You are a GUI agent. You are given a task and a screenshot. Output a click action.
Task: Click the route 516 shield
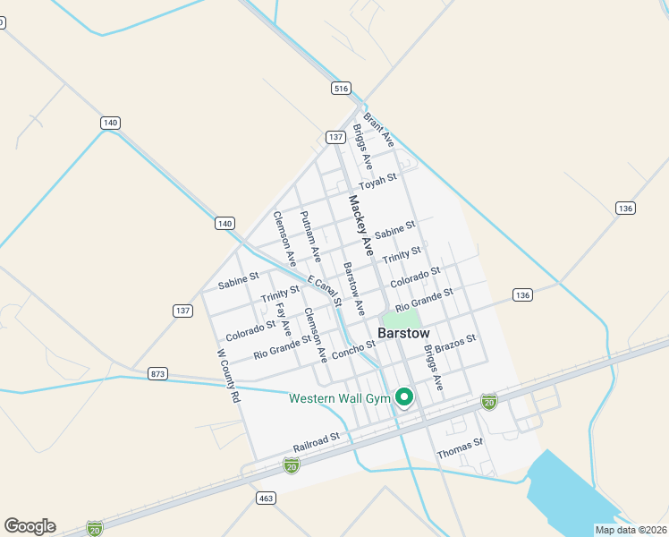pos(340,88)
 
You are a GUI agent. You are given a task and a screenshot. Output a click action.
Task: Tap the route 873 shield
pos(157,372)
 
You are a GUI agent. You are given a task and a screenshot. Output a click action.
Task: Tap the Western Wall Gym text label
pos(340,397)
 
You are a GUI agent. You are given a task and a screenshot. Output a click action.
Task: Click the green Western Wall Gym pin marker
pos(404,396)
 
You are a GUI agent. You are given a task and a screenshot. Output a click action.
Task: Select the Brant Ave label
pos(379,129)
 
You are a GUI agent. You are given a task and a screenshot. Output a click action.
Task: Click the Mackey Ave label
pos(360,226)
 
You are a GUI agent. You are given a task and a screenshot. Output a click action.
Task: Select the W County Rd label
pos(229,375)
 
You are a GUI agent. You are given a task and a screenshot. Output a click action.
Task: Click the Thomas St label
pos(460,448)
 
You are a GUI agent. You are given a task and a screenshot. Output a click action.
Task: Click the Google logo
pos(30,526)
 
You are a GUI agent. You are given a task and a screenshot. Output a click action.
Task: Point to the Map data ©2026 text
pos(631,530)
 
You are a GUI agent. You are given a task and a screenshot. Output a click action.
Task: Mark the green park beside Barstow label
pos(401,319)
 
